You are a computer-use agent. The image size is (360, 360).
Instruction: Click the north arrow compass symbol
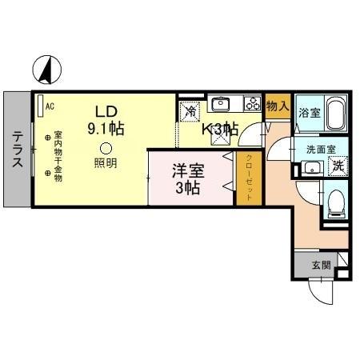(x=47, y=70)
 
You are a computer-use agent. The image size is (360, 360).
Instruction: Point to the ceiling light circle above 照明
(x=105, y=147)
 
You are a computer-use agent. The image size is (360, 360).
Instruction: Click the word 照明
(x=105, y=162)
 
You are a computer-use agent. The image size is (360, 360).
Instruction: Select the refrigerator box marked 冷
(x=189, y=113)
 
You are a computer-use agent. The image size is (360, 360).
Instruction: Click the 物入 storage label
(x=277, y=106)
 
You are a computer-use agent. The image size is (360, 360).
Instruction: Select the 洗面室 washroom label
(x=321, y=149)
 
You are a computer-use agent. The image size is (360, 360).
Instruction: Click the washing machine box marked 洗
(x=338, y=166)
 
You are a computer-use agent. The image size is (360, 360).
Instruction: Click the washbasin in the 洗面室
(x=311, y=167)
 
